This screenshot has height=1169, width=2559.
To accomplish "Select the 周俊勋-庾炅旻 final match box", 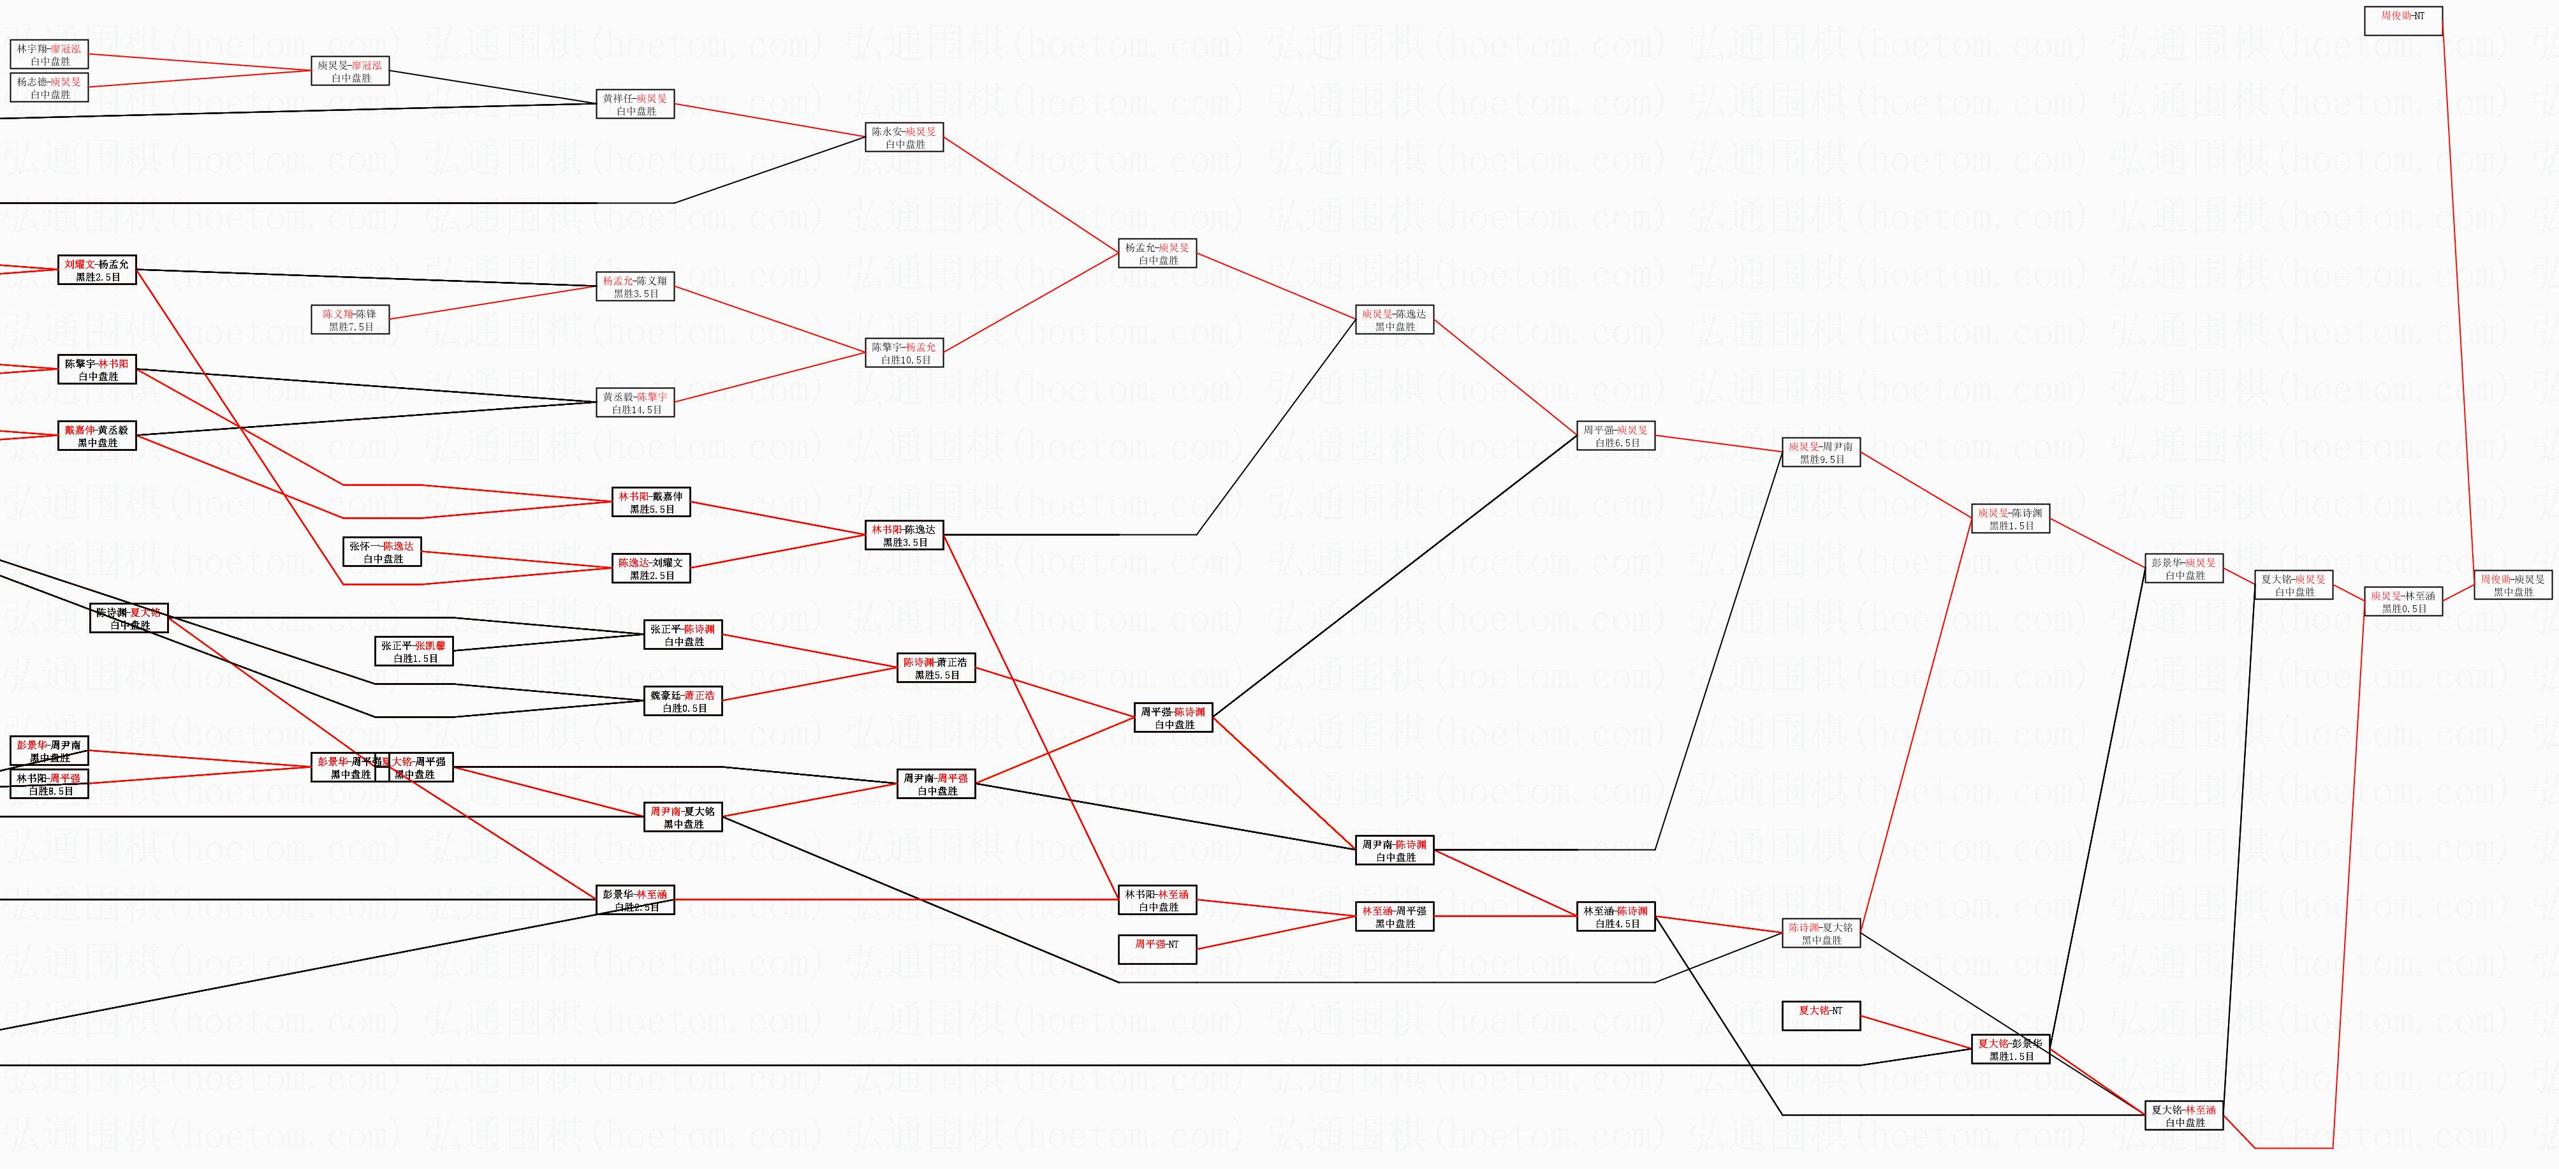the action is [x=2512, y=585].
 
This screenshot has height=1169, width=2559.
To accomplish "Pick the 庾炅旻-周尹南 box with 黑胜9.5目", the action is [x=1821, y=453].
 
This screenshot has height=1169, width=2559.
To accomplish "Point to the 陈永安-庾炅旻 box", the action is [x=904, y=137].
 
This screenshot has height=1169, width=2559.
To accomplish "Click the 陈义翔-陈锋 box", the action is [x=349, y=320].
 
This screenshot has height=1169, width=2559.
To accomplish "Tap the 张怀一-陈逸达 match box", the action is [x=381, y=552].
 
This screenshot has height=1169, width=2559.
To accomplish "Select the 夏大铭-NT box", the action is [x=1821, y=1011].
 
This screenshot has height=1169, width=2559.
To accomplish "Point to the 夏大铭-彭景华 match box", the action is [x=2010, y=1050].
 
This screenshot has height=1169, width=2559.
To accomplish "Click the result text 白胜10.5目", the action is [x=905, y=360].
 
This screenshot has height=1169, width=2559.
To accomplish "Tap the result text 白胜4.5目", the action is [x=1617, y=923].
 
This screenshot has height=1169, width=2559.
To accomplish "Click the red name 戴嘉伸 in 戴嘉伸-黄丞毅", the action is [x=80, y=430].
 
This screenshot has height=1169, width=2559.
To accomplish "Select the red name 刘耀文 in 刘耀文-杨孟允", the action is [x=80, y=264].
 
